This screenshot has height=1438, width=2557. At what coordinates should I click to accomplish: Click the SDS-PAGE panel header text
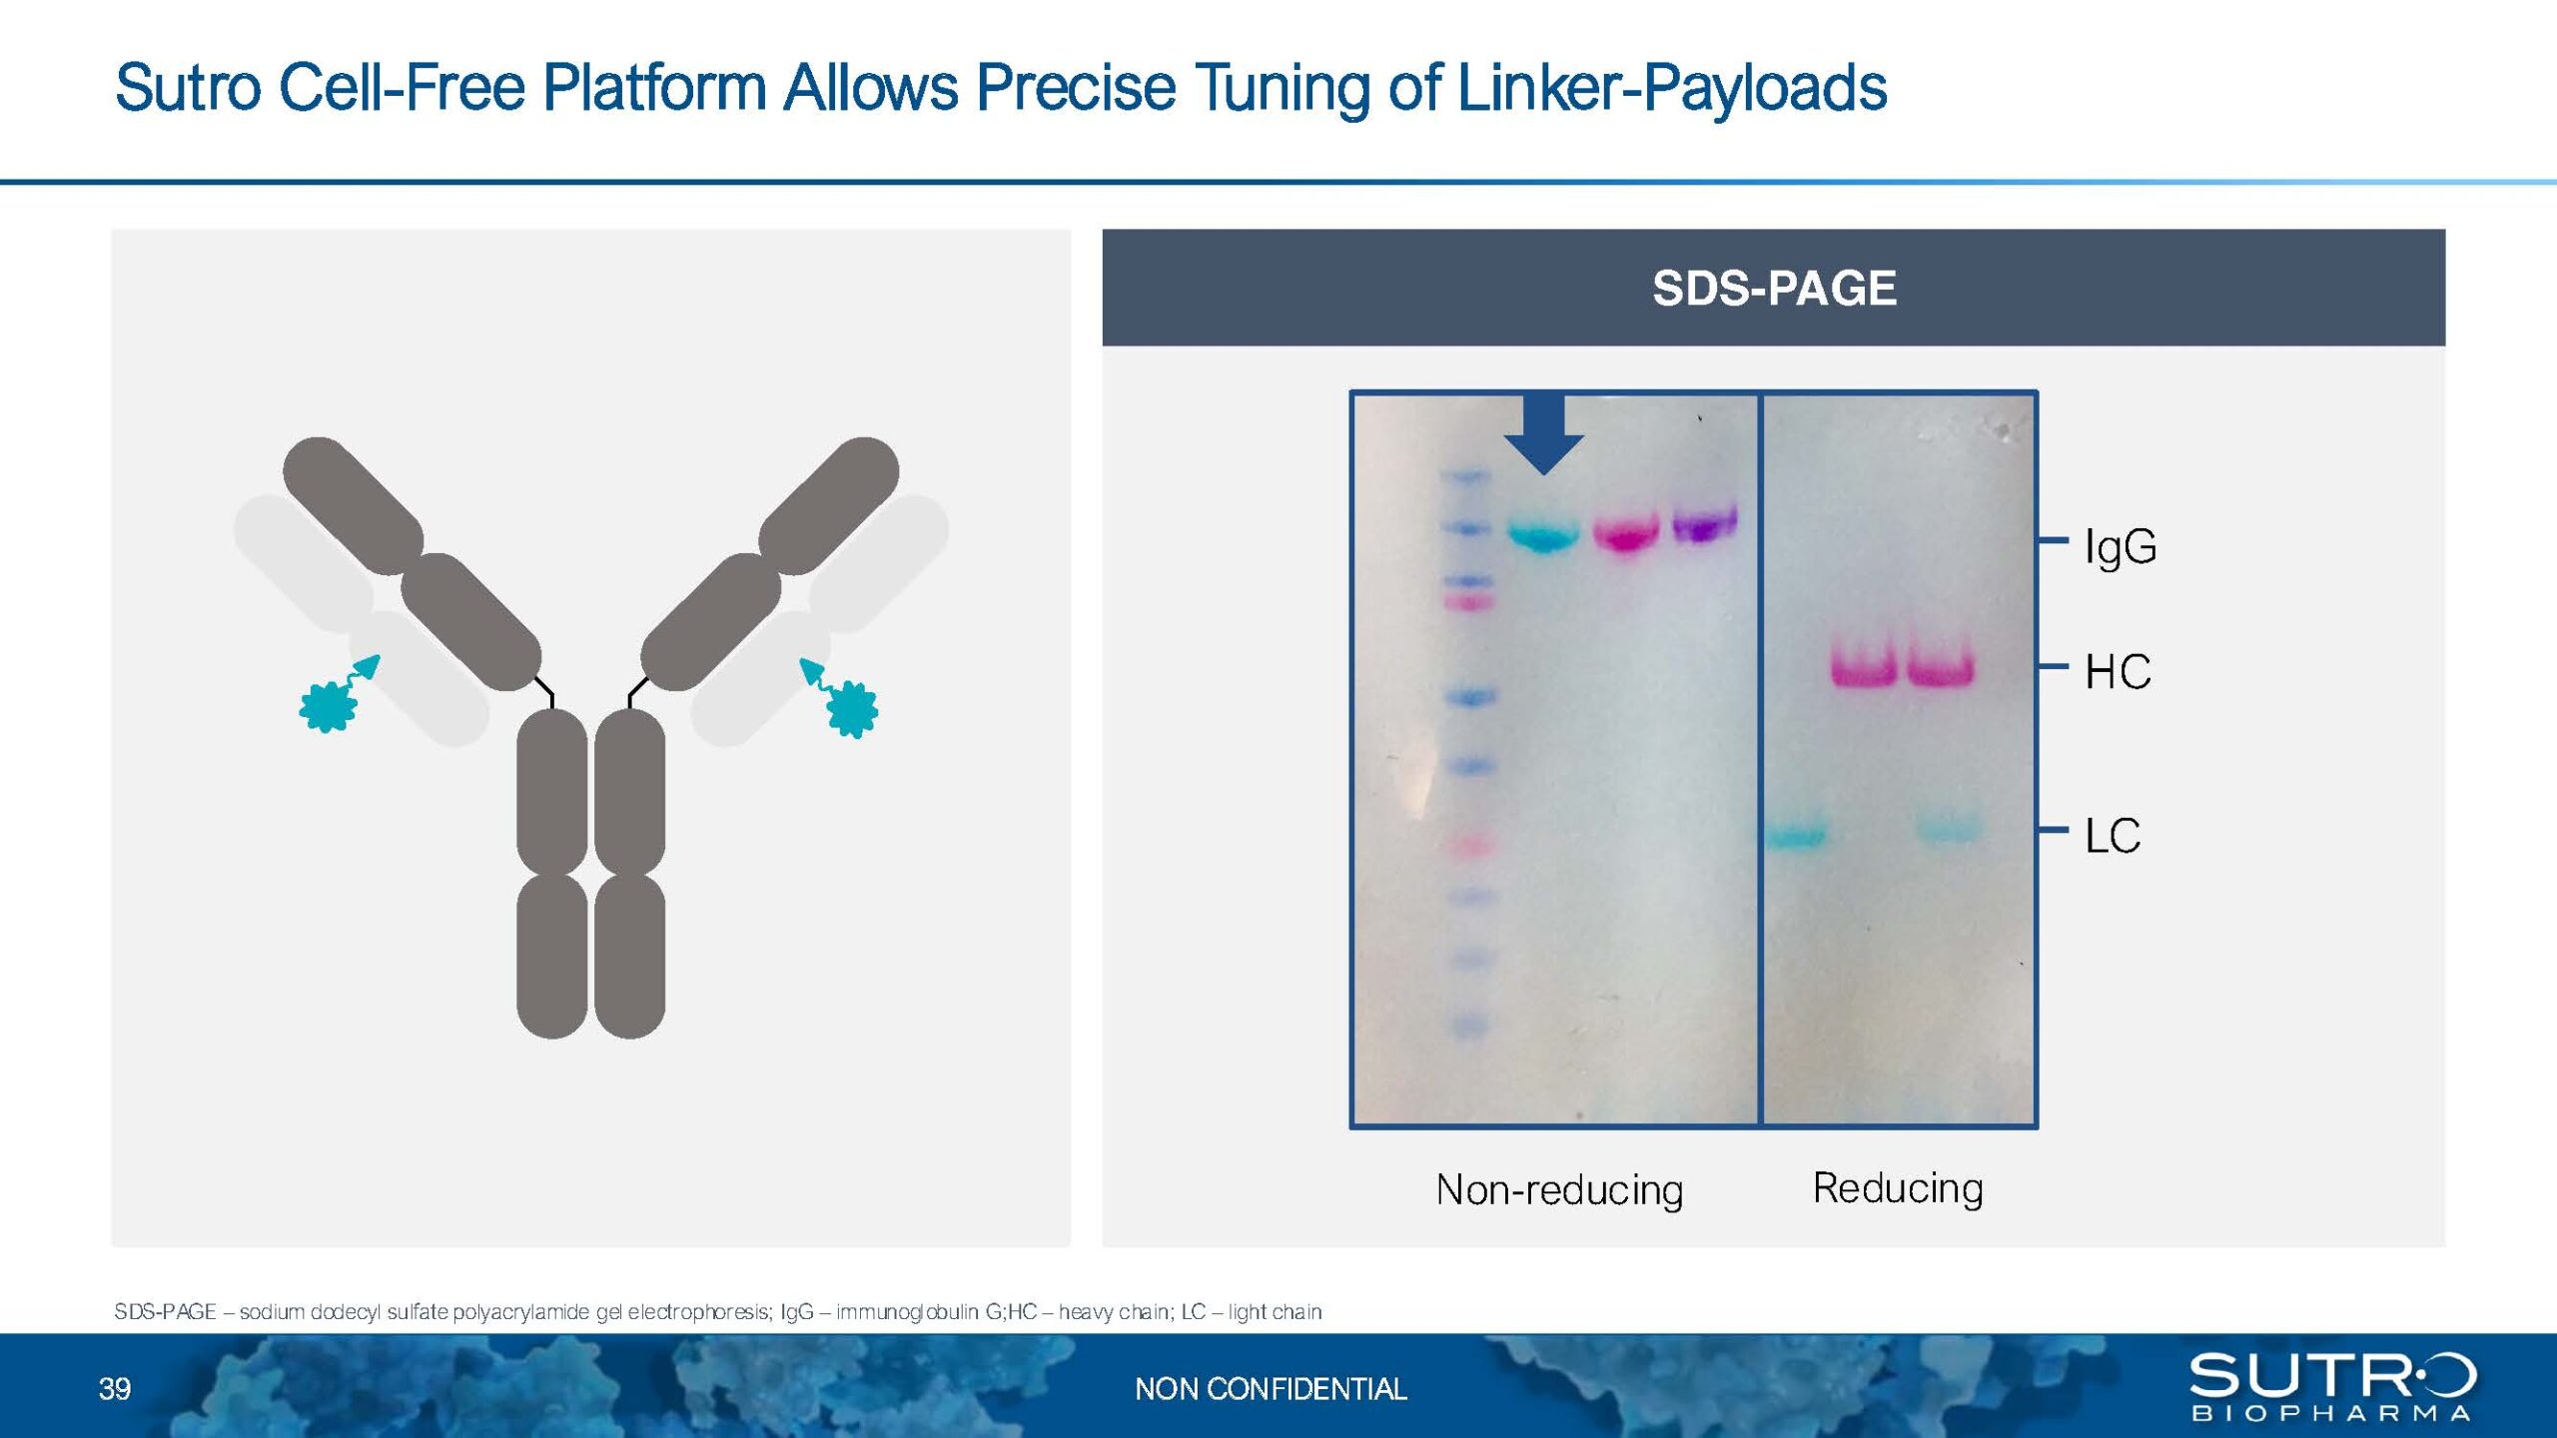pos(1774,289)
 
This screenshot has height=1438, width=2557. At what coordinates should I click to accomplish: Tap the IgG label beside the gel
pos(2121,547)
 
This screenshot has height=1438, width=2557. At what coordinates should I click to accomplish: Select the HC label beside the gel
pos(2118,672)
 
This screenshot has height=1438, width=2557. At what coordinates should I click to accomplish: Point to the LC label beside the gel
pos(2113,835)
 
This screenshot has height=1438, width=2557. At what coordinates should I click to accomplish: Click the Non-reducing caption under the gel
pos(1559,1189)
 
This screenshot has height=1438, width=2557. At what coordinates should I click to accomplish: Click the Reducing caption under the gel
pos(1898,1188)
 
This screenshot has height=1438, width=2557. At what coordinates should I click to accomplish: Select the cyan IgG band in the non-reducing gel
pos(1543,534)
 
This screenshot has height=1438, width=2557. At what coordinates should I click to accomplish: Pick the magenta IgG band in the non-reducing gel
pos(1626,533)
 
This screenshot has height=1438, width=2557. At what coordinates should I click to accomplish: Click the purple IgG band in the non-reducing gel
pos(1705,522)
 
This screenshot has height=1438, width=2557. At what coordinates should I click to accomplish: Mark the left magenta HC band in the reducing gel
pos(1864,666)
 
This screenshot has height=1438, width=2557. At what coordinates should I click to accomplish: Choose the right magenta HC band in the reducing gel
pos(1941,666)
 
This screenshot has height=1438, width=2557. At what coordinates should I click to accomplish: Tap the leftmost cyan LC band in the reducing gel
pos(1796,835)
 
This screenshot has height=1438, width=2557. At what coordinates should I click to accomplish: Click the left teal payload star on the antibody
pos(329,707)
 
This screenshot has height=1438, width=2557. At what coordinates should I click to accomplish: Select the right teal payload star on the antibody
pos(852,709)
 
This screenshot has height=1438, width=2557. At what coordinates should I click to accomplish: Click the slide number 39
pos(115,1389)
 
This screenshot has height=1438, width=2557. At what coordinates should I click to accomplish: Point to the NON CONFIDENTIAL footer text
pos(1271,1389)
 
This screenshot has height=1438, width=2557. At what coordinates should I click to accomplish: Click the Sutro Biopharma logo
pos(2333,1386)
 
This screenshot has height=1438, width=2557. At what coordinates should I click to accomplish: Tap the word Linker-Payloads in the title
pos(1672,88)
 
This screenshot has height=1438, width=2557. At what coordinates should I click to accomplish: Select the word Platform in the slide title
pos(654,88)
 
